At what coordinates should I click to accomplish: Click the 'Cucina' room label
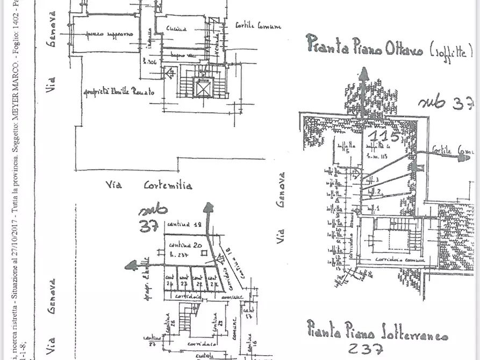[176, 28]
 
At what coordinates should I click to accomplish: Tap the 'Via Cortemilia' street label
[149, 185]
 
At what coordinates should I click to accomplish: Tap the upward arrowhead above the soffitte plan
[364, 75]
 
